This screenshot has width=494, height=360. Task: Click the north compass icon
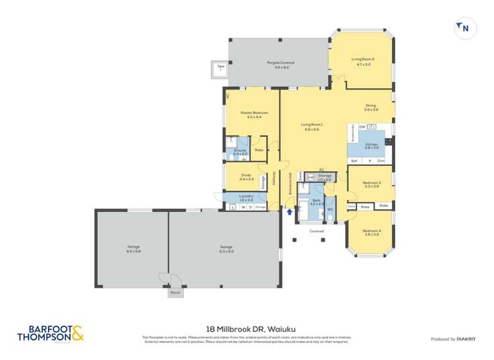(464, 28)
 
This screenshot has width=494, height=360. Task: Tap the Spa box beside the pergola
(219, 68)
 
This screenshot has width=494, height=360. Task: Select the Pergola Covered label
(280, 64)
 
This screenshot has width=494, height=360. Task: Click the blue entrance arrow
(290, 211)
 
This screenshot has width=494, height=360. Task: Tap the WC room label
(331, 209)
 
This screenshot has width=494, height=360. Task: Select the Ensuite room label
(240, 152)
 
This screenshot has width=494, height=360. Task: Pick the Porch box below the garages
(175, 292)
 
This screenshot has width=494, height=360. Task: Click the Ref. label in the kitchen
(354, 161)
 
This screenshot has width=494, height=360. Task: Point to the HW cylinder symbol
(310, 177)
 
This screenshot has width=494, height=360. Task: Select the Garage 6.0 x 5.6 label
(134, 249)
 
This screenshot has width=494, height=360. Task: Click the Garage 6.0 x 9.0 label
(227, 249)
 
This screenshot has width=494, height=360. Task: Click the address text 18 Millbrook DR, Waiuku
(246, 327)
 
